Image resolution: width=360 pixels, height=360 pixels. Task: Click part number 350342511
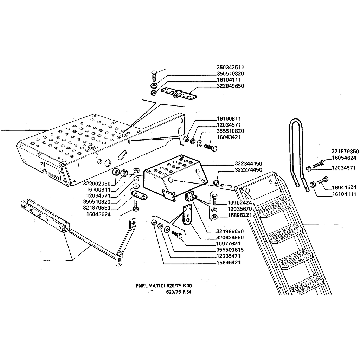pyautogui.click(x=230, y=67)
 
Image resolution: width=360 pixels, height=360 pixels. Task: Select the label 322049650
pyautogui.click(x=230, y=86)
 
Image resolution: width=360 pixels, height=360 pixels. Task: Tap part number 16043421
pyautogui.click(x=229, y=137)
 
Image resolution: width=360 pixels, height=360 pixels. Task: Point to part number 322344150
pyautogui.click(x=248, y=163)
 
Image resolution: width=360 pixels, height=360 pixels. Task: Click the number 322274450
pyautogui.click(x=248, y=170)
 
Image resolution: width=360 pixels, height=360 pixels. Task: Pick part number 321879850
pyautogui.click(x=345, y=151)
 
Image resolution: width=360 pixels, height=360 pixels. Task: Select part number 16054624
pyautogui.click(x=344, y=158)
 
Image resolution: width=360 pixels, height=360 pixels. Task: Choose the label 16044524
pyautogui.click(x=344, y=187)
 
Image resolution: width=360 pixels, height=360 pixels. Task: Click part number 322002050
pyautogui.click(x=97, y=184)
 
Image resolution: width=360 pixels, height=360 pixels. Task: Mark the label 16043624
pyautogui.click(x=98, y=214)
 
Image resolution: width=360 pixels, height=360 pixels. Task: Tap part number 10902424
pyautogui.click(x=240, y=203)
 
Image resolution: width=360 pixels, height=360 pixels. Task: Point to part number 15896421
pyautogui.click(x=229, y=262)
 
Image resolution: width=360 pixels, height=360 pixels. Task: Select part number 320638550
pyautogui.click(x=230, y=237)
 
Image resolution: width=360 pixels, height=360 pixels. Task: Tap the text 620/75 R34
pyautogui.click(x=179, y=292)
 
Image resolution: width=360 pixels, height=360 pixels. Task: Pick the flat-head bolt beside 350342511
pyautogui.click(x=154, y=76)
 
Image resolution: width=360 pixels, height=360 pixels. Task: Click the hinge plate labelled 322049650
pyautogui.click(x=179, y=93)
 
